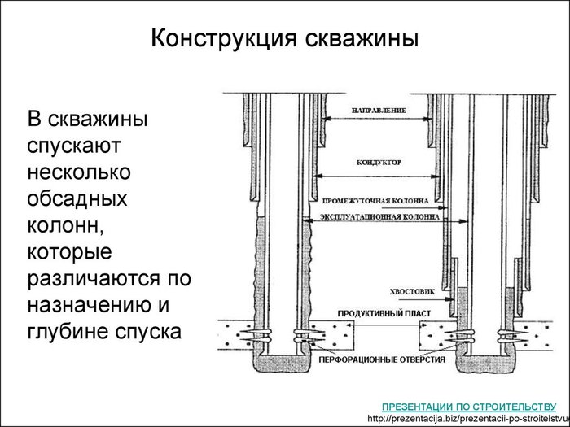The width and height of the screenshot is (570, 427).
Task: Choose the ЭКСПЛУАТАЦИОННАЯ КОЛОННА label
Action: [x=375, y=219]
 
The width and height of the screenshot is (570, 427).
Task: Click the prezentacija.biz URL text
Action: [x=468, y=418]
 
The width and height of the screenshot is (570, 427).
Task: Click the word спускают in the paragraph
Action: [x=75, y=148]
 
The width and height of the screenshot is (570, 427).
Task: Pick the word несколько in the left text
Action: [x=79, y=174]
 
